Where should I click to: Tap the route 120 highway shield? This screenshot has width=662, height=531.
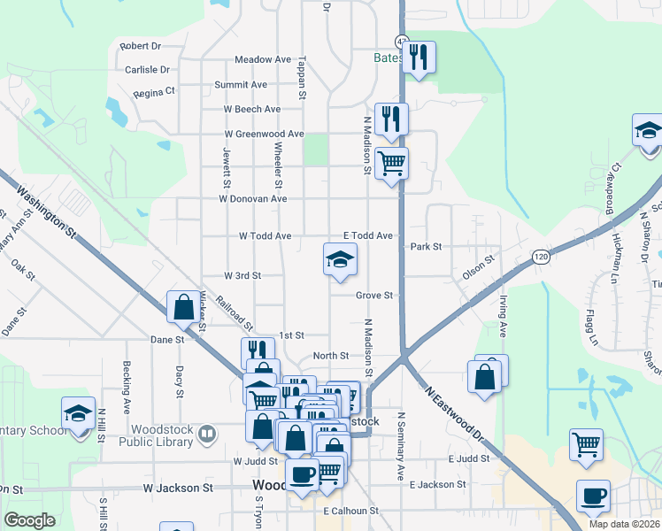(x=540, y=256)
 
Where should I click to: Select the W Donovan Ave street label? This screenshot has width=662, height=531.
(x=254, y=199)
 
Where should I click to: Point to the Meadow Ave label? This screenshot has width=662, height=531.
(x=263, y=59)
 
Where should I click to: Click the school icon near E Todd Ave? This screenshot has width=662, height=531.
(x=339, y=259)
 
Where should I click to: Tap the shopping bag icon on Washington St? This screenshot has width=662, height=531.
(x=183, y=307)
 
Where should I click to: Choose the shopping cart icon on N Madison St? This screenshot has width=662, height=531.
(x=391, y=163)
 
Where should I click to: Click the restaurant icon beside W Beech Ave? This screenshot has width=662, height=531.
(x=390, y=119)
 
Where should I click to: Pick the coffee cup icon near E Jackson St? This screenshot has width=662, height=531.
(x=593, y=496)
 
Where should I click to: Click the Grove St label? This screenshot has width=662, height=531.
(x=374, y=295)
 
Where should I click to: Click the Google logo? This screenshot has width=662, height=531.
(x=30, y=520)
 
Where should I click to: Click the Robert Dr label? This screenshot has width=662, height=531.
(x=140, y=46)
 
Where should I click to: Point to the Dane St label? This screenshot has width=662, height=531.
(x=166, y=339)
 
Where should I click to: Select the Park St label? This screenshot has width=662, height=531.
(x=426, y=247)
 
